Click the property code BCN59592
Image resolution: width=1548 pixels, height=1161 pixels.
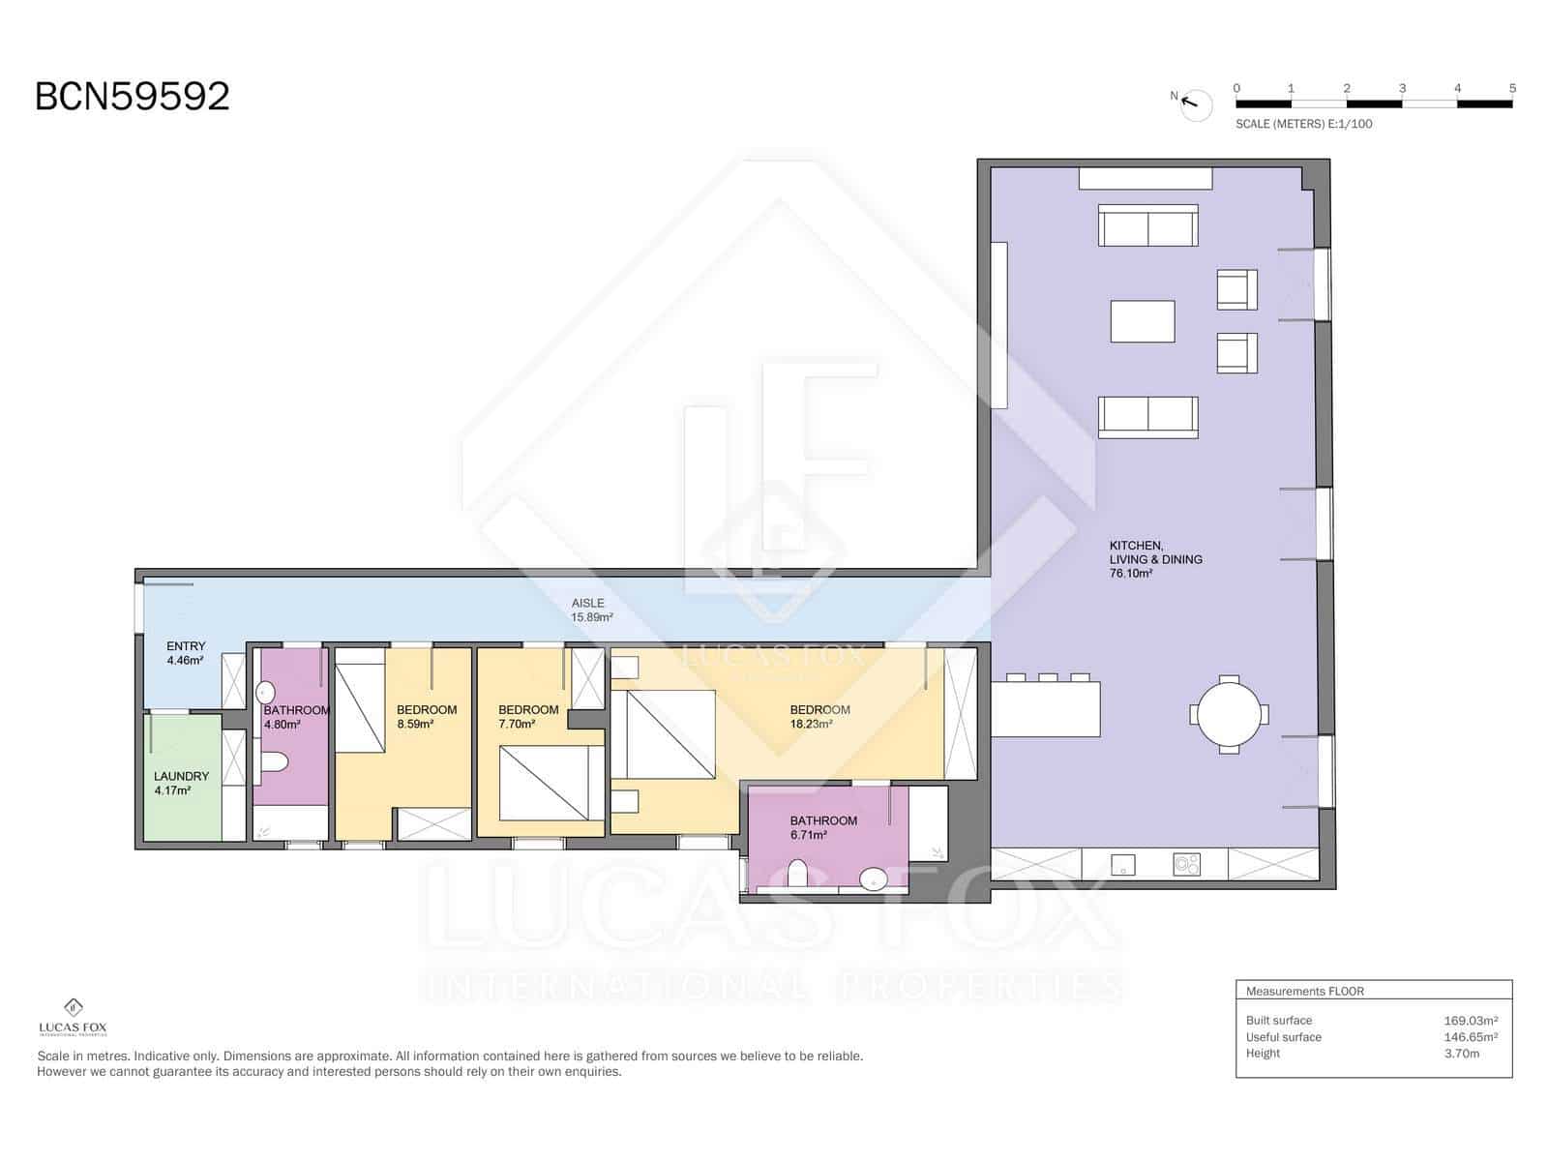click(x=133, y=97)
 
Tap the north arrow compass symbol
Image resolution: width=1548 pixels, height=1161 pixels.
click(x=1196, y=104)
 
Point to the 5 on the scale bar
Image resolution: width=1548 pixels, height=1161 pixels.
click(x=1512, y=88)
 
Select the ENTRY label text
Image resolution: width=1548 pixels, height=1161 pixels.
click(x=186, y=646)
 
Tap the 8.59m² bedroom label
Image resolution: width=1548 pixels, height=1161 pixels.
click(x=426, y=717)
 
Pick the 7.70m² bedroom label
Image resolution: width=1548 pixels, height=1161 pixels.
click(x=528, y=717)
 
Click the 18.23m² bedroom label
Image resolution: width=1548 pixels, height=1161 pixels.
click(x=819, y=717)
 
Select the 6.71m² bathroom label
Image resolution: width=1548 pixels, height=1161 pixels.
click(x=823, y=827)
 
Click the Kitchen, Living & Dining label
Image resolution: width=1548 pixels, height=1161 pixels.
click(x=1155, y=559)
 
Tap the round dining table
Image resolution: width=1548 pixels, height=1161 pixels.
click(x=1229, y=715)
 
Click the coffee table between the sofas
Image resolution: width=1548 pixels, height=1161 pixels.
click(x=1143, y=321)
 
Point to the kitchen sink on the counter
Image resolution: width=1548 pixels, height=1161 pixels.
click(x=1122, y=864)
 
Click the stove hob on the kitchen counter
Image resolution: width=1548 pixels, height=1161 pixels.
click(x=1186, y=864)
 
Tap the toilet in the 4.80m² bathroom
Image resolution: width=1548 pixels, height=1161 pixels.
click(x=274, y=763)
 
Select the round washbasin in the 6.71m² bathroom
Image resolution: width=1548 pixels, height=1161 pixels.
click(x=874, y=879)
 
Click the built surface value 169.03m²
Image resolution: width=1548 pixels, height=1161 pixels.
click(x=1470, y=1020)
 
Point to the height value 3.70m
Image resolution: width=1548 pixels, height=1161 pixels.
click(x=1461, y=1053)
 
